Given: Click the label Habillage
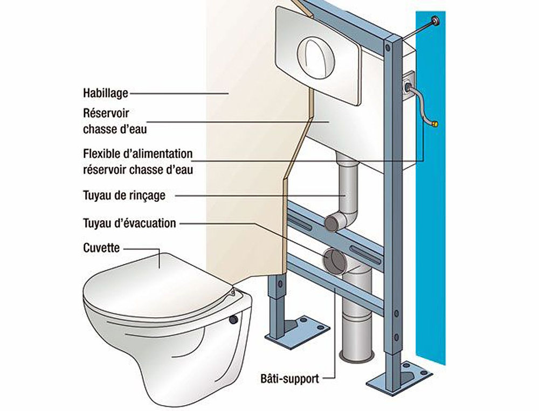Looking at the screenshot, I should point(106,93).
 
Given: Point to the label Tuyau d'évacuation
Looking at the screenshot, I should point(129,223).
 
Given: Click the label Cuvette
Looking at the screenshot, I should point(101,248).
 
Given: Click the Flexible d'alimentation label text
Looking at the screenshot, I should point(138,161).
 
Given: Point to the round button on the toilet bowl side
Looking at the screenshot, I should point(233,319).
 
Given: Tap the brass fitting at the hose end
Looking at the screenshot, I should point(436,124).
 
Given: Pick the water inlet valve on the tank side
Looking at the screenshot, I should point(408,85).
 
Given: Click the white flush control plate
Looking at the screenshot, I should point(318,54).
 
